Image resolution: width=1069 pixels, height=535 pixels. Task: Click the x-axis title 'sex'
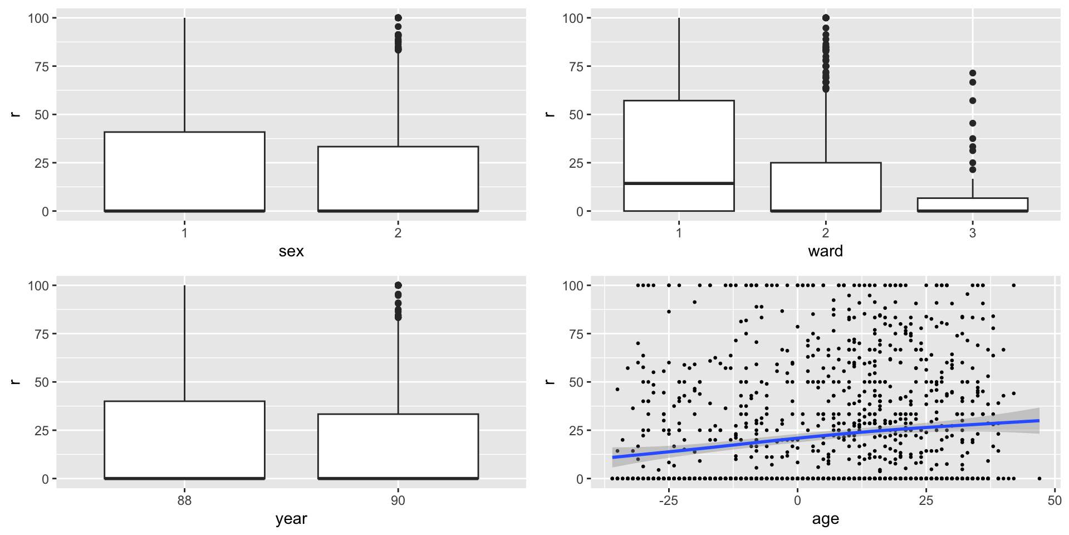click(291, 251)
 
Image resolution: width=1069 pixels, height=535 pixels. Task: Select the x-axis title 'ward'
click(825, 251)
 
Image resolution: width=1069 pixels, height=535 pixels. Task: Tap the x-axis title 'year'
click(291, 519)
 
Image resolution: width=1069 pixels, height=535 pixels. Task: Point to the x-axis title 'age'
click(825, 519)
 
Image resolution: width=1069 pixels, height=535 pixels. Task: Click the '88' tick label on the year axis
click(184, 500)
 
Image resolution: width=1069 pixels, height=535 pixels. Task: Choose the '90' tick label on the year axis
click(398, 500)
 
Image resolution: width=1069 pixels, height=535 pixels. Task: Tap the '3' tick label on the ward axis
click(972, 233)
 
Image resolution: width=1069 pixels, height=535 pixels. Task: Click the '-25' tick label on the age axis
click(668, 500)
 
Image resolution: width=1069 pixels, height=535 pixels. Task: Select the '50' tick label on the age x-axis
click(1054, 500)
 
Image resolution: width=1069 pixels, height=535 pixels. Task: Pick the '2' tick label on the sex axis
click(398, 233)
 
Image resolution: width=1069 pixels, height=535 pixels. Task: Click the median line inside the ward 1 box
click(679, 183)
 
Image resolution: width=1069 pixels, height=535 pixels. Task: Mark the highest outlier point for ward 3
click(972, 73)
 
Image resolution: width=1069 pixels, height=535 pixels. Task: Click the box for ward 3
click(972, 204)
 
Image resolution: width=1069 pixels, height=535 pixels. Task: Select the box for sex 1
click(184, 171)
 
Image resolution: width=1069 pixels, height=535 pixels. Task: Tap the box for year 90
click(398, 446)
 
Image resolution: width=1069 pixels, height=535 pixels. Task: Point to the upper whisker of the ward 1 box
click(679, 59)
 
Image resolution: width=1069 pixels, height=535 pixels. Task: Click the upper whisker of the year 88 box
click(184, 343)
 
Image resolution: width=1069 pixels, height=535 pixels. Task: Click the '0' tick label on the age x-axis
click(797, 500)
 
